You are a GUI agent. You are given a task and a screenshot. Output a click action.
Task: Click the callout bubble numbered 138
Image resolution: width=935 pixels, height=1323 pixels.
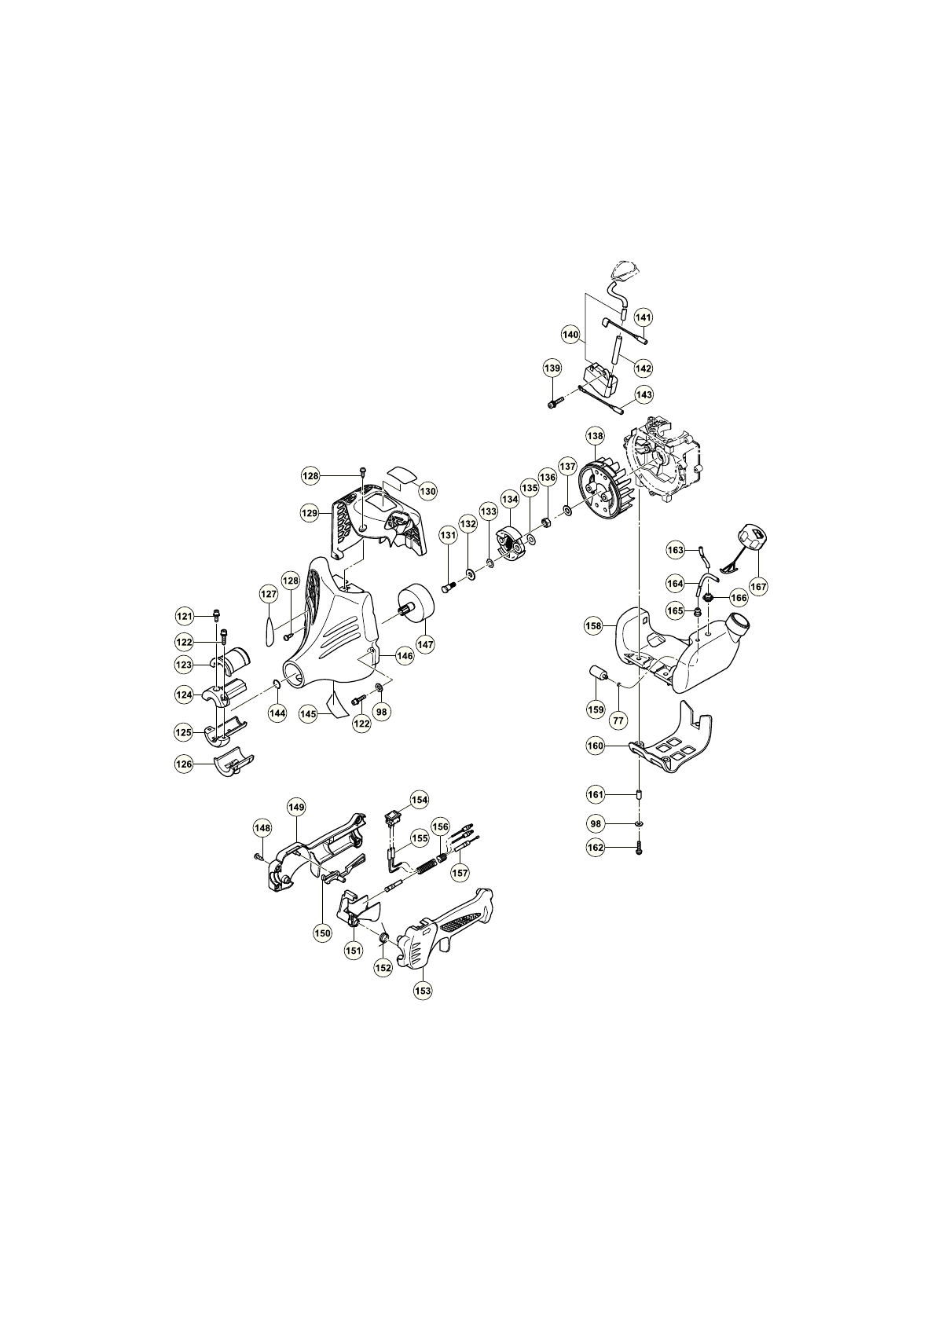coord(595,436)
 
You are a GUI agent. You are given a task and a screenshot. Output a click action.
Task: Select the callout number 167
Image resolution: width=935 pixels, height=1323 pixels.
coord(757,587)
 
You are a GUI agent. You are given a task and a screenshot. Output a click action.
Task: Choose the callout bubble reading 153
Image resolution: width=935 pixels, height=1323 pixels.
coord(423,991)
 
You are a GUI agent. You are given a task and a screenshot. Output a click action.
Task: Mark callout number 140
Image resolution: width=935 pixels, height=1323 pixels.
coord(570,335)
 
